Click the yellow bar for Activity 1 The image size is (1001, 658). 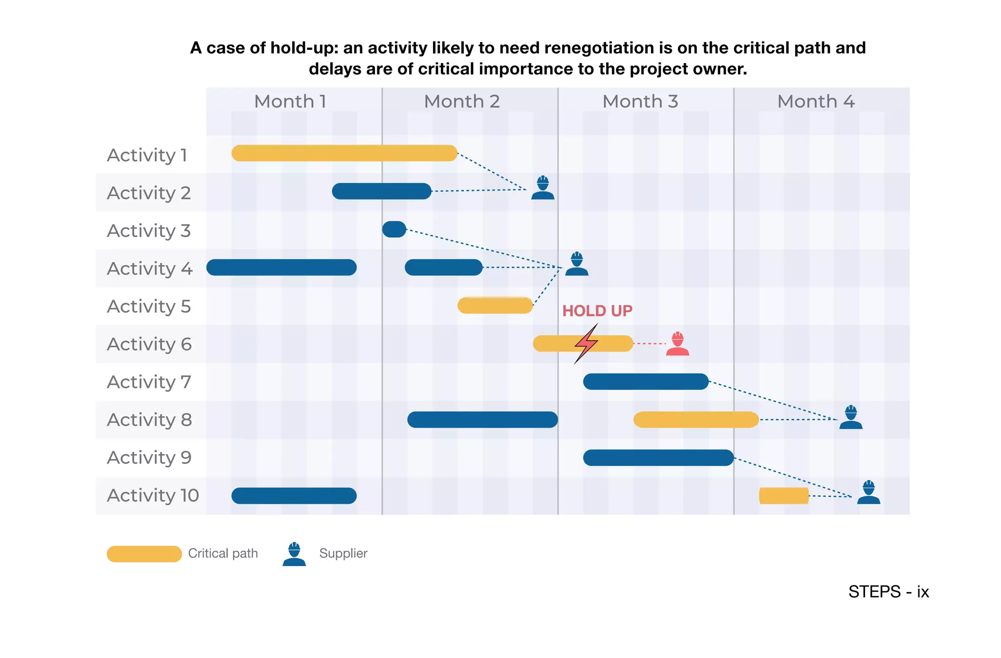coord(344,153)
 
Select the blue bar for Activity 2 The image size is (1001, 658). coord(381,191)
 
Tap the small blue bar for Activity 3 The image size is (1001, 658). coord(394,229)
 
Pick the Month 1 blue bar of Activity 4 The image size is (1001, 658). coord(281,267)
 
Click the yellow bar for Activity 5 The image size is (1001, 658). coord(495,306)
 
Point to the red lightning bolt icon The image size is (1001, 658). coord(586,344)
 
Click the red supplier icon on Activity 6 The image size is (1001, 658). coord(677,344)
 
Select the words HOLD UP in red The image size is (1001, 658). coord(597,311)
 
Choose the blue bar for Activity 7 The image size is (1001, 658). coord(645,381)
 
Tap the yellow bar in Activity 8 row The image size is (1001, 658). coord(696,419)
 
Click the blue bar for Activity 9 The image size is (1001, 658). coord(658,458)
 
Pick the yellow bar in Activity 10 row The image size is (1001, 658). coord(783,496)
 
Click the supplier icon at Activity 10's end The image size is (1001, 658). coord(869,492)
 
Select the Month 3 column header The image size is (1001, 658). coord(640,102)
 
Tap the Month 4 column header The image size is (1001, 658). coord(815,102)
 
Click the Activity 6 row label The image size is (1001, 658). coord(149,344)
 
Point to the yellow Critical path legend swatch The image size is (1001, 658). coord(144,554)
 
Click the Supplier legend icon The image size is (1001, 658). coord(294,554)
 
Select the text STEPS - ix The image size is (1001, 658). coord(888,592)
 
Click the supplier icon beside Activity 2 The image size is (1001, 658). coord(543,188)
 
